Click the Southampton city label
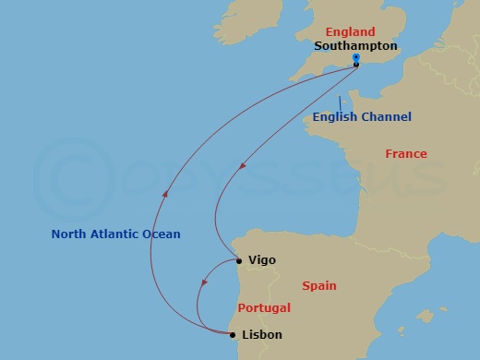355,45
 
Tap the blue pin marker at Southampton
356,58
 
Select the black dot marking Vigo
239,261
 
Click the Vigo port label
261,261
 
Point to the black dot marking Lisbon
232,334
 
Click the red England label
350,32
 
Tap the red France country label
405,154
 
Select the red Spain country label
318,286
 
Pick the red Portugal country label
264,308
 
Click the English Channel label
362,117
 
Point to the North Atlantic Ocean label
115,234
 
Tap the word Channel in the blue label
387,117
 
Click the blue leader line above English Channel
340,102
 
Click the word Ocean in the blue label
162,234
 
